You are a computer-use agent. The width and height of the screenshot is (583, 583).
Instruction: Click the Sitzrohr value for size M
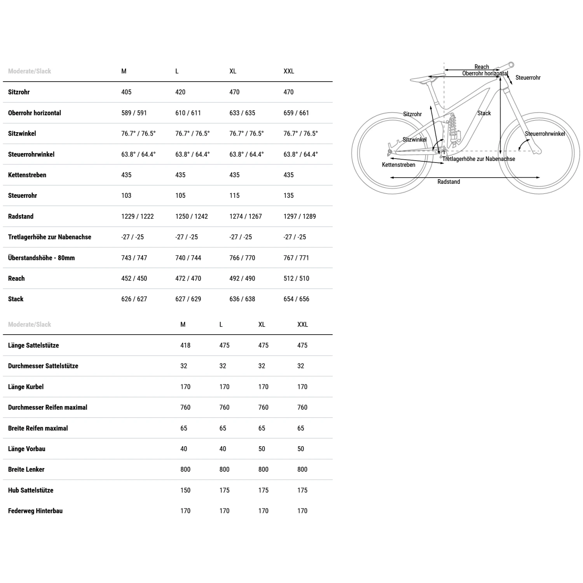[x=126, y=92]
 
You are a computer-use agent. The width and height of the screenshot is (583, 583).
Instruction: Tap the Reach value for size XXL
[x=296, y=278]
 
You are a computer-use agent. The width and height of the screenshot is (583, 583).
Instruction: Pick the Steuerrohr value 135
[x=288, y=195]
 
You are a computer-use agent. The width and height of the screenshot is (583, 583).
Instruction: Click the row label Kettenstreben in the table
[x=27, y=175]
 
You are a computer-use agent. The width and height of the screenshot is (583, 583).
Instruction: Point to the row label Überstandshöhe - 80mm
[x=41, y=258]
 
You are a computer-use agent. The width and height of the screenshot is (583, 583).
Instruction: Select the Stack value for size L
[x=188, y=299]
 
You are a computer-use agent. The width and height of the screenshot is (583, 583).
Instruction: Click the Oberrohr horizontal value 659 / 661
[x=296, y=113]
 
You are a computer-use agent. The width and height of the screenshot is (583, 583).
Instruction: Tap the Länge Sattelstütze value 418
[x=185, y=345]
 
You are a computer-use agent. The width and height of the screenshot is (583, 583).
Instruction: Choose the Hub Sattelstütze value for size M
[x=185, y=490]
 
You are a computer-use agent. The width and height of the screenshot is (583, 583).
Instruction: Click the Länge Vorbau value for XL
[x=262, y=449]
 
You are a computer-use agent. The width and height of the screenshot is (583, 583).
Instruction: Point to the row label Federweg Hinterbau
[x=35, y=511]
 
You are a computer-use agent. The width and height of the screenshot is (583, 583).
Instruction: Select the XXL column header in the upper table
[x=289, y=71]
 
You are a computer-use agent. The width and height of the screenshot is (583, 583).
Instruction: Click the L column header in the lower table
[x=221, y=325]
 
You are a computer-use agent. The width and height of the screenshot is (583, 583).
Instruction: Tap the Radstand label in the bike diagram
[x=449, y=182]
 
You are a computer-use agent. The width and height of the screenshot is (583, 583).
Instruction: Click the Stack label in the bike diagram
[x=484, y=113]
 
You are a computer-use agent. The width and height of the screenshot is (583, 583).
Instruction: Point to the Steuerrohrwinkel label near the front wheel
[x=545, y=134]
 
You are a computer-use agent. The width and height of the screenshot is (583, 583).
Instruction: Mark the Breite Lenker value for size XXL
[x=302, y=470]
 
